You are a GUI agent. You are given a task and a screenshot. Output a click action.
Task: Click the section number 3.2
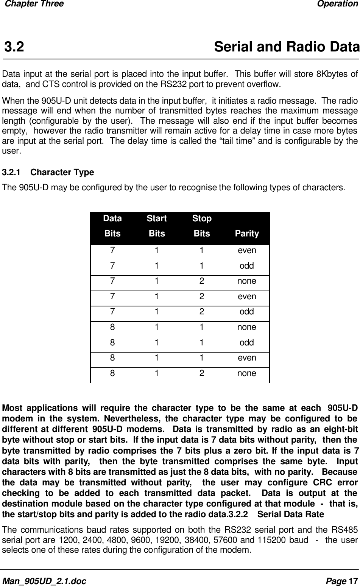tap(14, 47)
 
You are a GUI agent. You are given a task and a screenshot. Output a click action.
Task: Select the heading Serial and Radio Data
tap(287, 47)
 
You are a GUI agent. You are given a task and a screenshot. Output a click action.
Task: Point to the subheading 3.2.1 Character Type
tap(48, 173)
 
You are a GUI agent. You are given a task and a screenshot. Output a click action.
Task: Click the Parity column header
tap(247, 234)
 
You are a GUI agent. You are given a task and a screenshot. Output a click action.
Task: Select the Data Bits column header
tap(112, 226)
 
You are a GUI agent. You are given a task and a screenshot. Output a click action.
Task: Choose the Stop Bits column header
tap(202, 226)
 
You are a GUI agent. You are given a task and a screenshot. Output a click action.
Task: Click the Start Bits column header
tap(157, 226)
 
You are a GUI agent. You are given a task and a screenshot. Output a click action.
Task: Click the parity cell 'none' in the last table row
tap(246, 373)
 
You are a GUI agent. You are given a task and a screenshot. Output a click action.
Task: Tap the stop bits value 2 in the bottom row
tap(202, 373)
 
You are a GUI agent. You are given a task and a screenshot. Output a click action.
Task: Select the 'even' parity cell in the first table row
tap(247, 250)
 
